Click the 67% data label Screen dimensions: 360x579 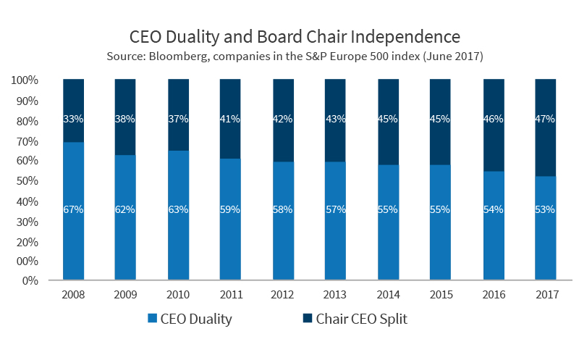click(74, 209)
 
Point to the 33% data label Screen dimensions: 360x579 click(74, 119)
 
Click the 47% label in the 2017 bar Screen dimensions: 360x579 click(545, 119)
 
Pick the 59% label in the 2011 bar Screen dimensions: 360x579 click(231, 209)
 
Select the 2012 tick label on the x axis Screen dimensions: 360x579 click(283, 295)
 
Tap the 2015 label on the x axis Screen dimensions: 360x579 click(440, 295)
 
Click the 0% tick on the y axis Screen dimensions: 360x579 click(29, 280)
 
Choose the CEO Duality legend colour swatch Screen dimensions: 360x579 click(153, 319)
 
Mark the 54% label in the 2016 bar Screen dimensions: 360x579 click(493, 209)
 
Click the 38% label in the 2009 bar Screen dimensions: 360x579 click(126, 119)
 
